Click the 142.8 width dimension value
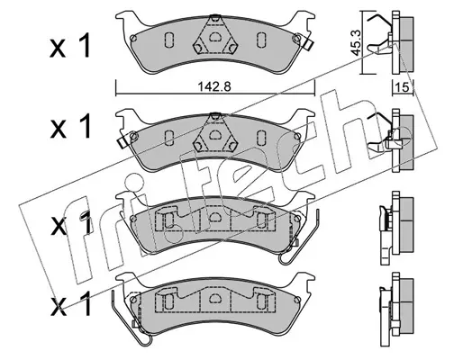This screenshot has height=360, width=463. tap(214, 87)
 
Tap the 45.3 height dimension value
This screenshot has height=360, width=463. tap(356, 42)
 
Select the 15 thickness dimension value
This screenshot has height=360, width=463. tap(403, 87)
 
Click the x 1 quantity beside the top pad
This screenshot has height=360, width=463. tap(70, 46)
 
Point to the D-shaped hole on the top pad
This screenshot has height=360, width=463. tap(215, 37)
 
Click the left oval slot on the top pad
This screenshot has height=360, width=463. tap(169, 39)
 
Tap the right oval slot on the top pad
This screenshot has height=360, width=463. tap(261, 39)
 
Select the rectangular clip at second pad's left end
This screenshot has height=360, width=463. tap(122, 142)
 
